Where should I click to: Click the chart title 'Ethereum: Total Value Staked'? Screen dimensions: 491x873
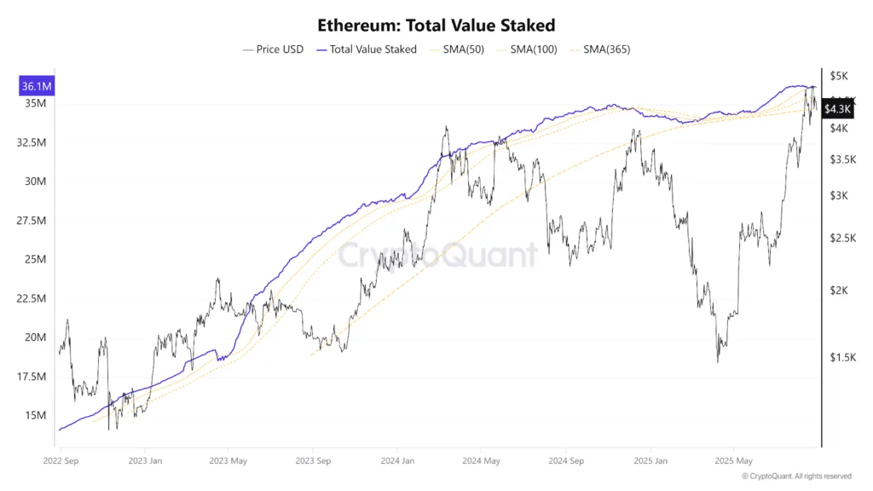click(436, 26)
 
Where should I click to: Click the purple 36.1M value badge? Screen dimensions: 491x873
click(36, 86)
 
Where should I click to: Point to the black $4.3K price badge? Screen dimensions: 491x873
click(837, 109)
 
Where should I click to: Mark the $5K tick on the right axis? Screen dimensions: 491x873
click(840, 77)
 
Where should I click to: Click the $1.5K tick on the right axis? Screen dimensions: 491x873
click(842, 357)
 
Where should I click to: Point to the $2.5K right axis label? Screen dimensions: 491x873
click(842, 238)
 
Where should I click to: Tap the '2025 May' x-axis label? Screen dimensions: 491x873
click(733, 461)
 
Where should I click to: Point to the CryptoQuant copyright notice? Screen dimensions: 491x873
click(796, 477)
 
